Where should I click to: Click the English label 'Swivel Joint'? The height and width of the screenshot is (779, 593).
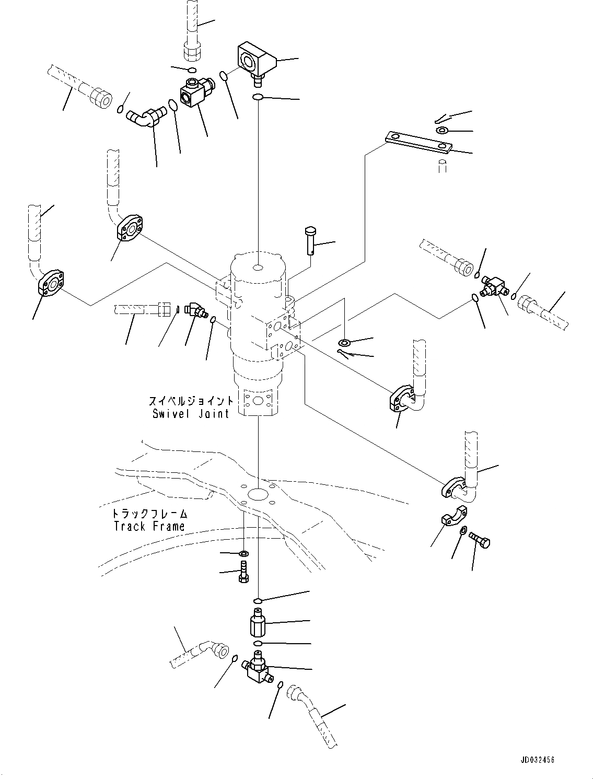coord(191,414)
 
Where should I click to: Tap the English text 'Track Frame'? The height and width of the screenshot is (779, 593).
coord(149,526)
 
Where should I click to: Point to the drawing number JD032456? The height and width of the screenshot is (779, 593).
coord(538,759)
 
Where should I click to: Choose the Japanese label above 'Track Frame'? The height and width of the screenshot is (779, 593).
coord(150,514)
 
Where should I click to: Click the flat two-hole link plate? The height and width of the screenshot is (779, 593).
coord(417,142)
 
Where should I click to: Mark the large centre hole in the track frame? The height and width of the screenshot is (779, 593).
coord(258,494)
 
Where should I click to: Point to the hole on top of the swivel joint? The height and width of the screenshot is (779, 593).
coord(258,268)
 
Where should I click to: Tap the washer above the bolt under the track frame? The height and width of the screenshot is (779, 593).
coord(244,553)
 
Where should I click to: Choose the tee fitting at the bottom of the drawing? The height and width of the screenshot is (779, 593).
coord(257,669)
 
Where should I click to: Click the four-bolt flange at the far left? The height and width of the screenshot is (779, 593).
coord(52,283)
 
